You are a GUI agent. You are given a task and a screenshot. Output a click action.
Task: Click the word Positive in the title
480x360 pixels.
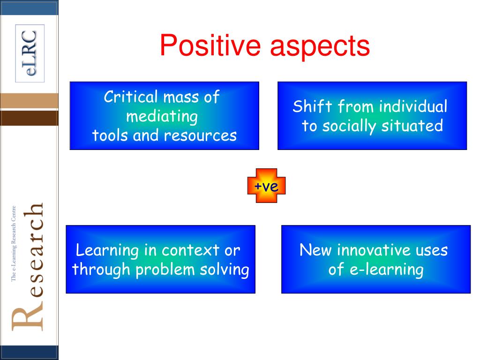[x=211, y=46]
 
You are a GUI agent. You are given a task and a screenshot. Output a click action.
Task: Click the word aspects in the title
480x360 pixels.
[x=320, y=47]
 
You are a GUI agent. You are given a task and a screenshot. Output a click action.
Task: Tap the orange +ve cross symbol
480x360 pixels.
[x=266, y=186]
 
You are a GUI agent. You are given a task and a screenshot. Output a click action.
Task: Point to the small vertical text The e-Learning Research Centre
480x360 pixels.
[x=14, y=244]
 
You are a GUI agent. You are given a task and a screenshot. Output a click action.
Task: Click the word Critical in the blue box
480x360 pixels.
[x=131, y=97]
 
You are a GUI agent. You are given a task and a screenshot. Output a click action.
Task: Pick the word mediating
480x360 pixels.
[x=162, y=116]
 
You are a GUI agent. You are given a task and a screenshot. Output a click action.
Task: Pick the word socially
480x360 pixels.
[x=353, y=126]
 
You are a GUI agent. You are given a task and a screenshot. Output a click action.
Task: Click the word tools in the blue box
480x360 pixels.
[x=109, y=135]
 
